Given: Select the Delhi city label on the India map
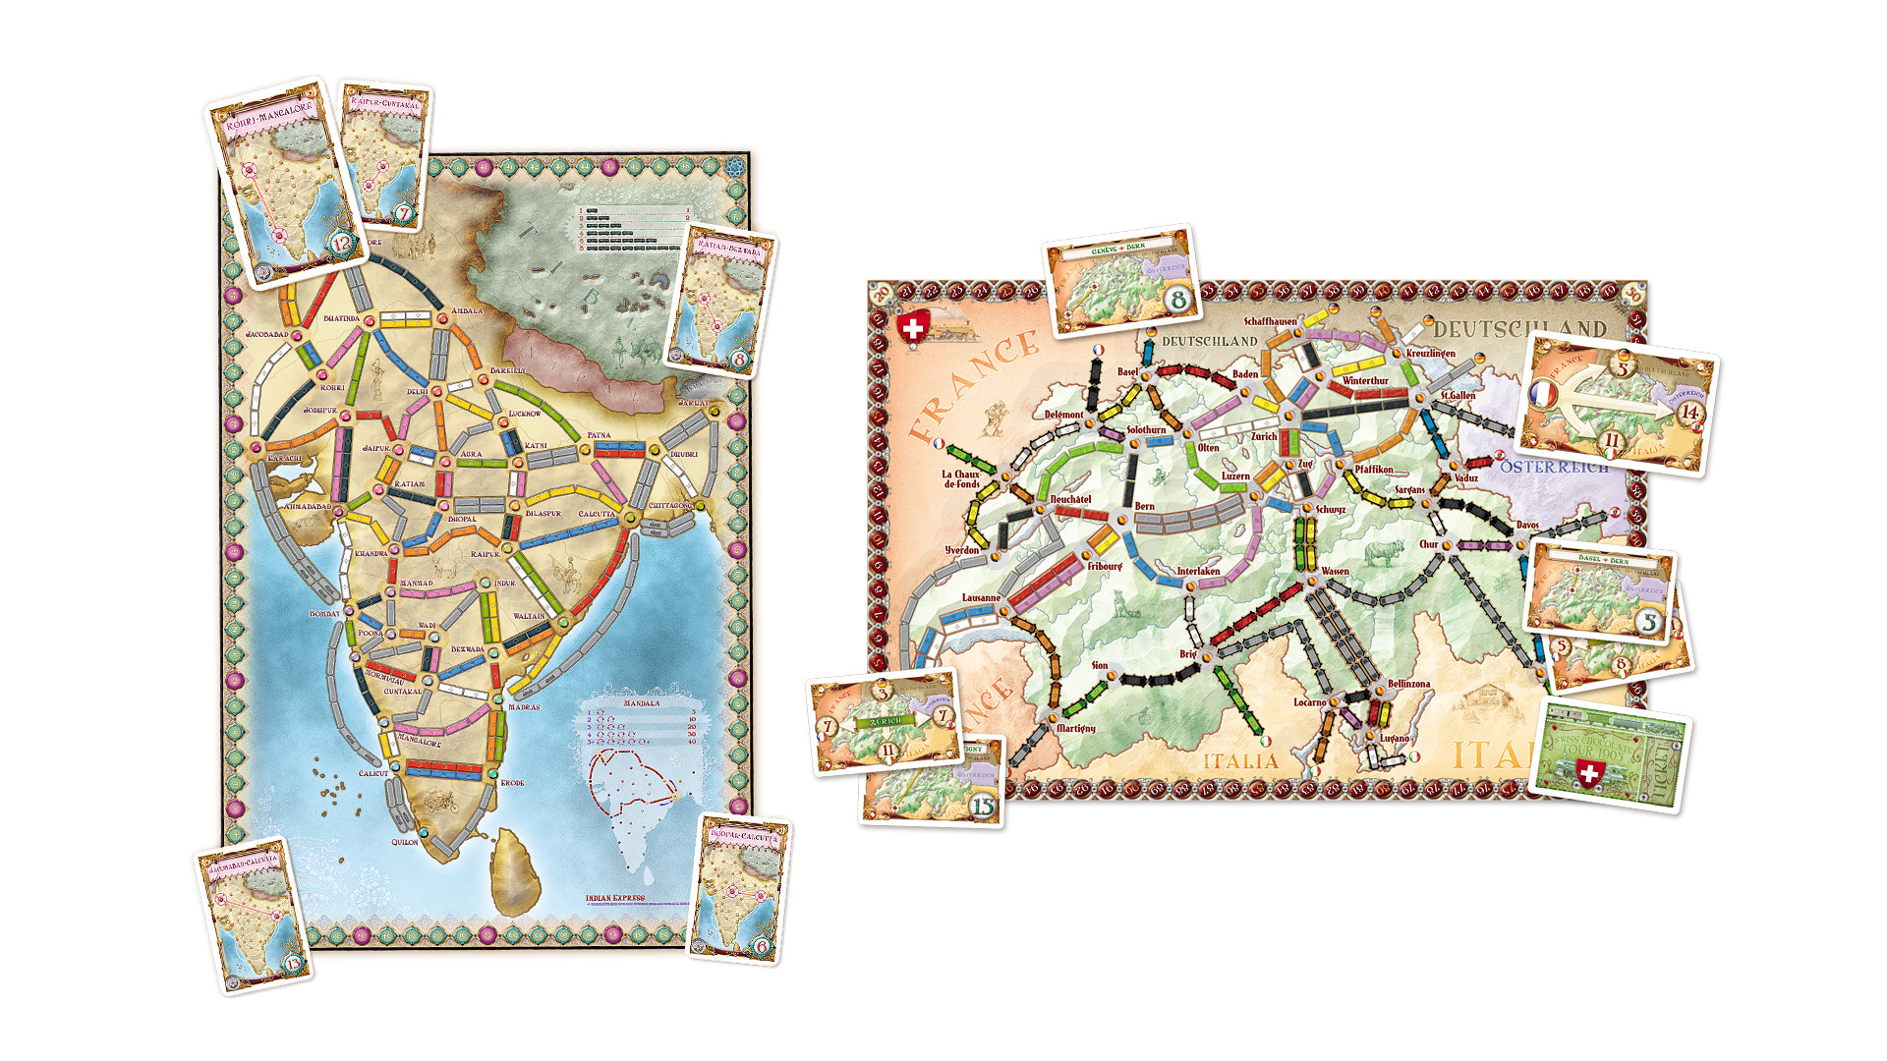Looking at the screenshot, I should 418,391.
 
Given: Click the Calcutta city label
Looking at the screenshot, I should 596,514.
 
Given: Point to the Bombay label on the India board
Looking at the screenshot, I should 324,614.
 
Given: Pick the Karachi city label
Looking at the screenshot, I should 285,459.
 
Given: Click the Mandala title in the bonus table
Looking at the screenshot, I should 641,703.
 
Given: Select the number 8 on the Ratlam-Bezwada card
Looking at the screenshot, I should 739,361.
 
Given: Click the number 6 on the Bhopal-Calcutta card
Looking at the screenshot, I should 762,947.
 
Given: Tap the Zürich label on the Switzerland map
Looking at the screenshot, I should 1264,436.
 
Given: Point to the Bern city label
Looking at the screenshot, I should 1144,506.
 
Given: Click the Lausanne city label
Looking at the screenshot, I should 980,597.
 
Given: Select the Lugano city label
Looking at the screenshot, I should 1394,738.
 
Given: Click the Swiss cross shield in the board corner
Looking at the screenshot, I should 913,328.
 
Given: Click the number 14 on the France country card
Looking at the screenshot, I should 1688,413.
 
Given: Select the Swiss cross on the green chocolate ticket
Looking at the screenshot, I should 1588,774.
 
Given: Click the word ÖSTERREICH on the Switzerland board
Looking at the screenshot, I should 1554,467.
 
